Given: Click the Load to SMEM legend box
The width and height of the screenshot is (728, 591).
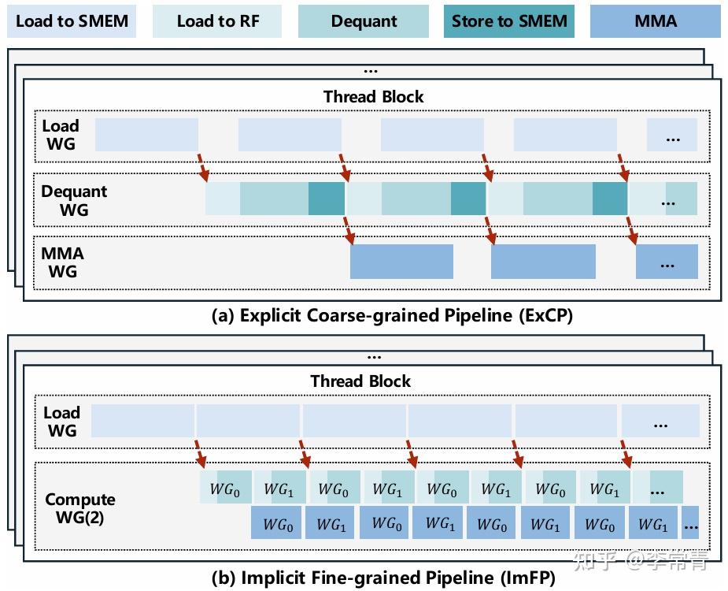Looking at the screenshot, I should pos(72,21).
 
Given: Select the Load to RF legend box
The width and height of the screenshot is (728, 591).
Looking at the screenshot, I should pos(217,21).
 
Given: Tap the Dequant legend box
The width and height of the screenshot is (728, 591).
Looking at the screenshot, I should pos(363,21).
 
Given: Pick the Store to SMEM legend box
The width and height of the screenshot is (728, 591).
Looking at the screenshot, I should pos(509,21).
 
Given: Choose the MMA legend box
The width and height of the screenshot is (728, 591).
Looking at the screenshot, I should pos(655,21).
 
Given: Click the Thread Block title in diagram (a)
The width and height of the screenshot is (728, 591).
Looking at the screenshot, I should pos(373,97).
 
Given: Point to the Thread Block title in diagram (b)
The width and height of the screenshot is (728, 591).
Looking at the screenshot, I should pos(360,381).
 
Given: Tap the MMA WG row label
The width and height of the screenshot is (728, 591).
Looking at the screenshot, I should pos(62,262).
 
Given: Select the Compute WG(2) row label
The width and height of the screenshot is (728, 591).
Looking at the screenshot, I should pos(79,507).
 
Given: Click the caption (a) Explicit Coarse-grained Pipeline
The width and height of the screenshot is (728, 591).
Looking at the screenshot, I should pos(392,316).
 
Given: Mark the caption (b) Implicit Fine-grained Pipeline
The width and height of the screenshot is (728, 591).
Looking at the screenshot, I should pos(383,578).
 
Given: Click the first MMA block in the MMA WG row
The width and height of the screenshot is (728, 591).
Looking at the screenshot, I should pos(401,261).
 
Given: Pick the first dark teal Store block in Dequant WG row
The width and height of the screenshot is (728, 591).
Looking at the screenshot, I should pos(326,198).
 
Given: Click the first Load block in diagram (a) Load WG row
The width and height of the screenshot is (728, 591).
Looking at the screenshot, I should pos(146,134).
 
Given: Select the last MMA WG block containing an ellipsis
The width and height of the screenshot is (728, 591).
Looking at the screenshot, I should pos(667,261).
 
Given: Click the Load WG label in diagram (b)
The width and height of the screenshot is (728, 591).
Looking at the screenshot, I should pos(61,421).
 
